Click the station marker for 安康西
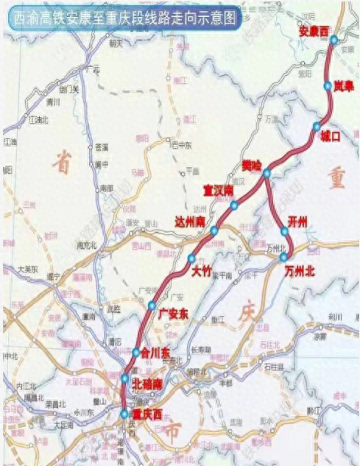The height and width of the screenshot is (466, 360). pos(334,40)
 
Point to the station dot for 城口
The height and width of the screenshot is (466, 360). pos(317,126)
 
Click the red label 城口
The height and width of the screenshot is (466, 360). pos(331,137)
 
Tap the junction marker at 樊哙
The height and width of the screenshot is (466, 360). pos(267,172)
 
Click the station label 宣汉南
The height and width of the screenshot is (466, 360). pos(219,190)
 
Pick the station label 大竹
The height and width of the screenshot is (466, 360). pos(201,271)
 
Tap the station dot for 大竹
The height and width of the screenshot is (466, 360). pos(191,258)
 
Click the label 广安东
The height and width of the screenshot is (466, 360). pos(174,314)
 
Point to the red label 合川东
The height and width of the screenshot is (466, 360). pos(155,353)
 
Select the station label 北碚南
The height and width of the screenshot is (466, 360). pos(149,384)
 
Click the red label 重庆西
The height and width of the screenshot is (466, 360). pos(141,413)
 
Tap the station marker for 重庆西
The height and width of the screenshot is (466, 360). pos(124,414)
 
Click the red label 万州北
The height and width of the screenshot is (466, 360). pos(300,271)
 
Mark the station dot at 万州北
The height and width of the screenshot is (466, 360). pos(285,258)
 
